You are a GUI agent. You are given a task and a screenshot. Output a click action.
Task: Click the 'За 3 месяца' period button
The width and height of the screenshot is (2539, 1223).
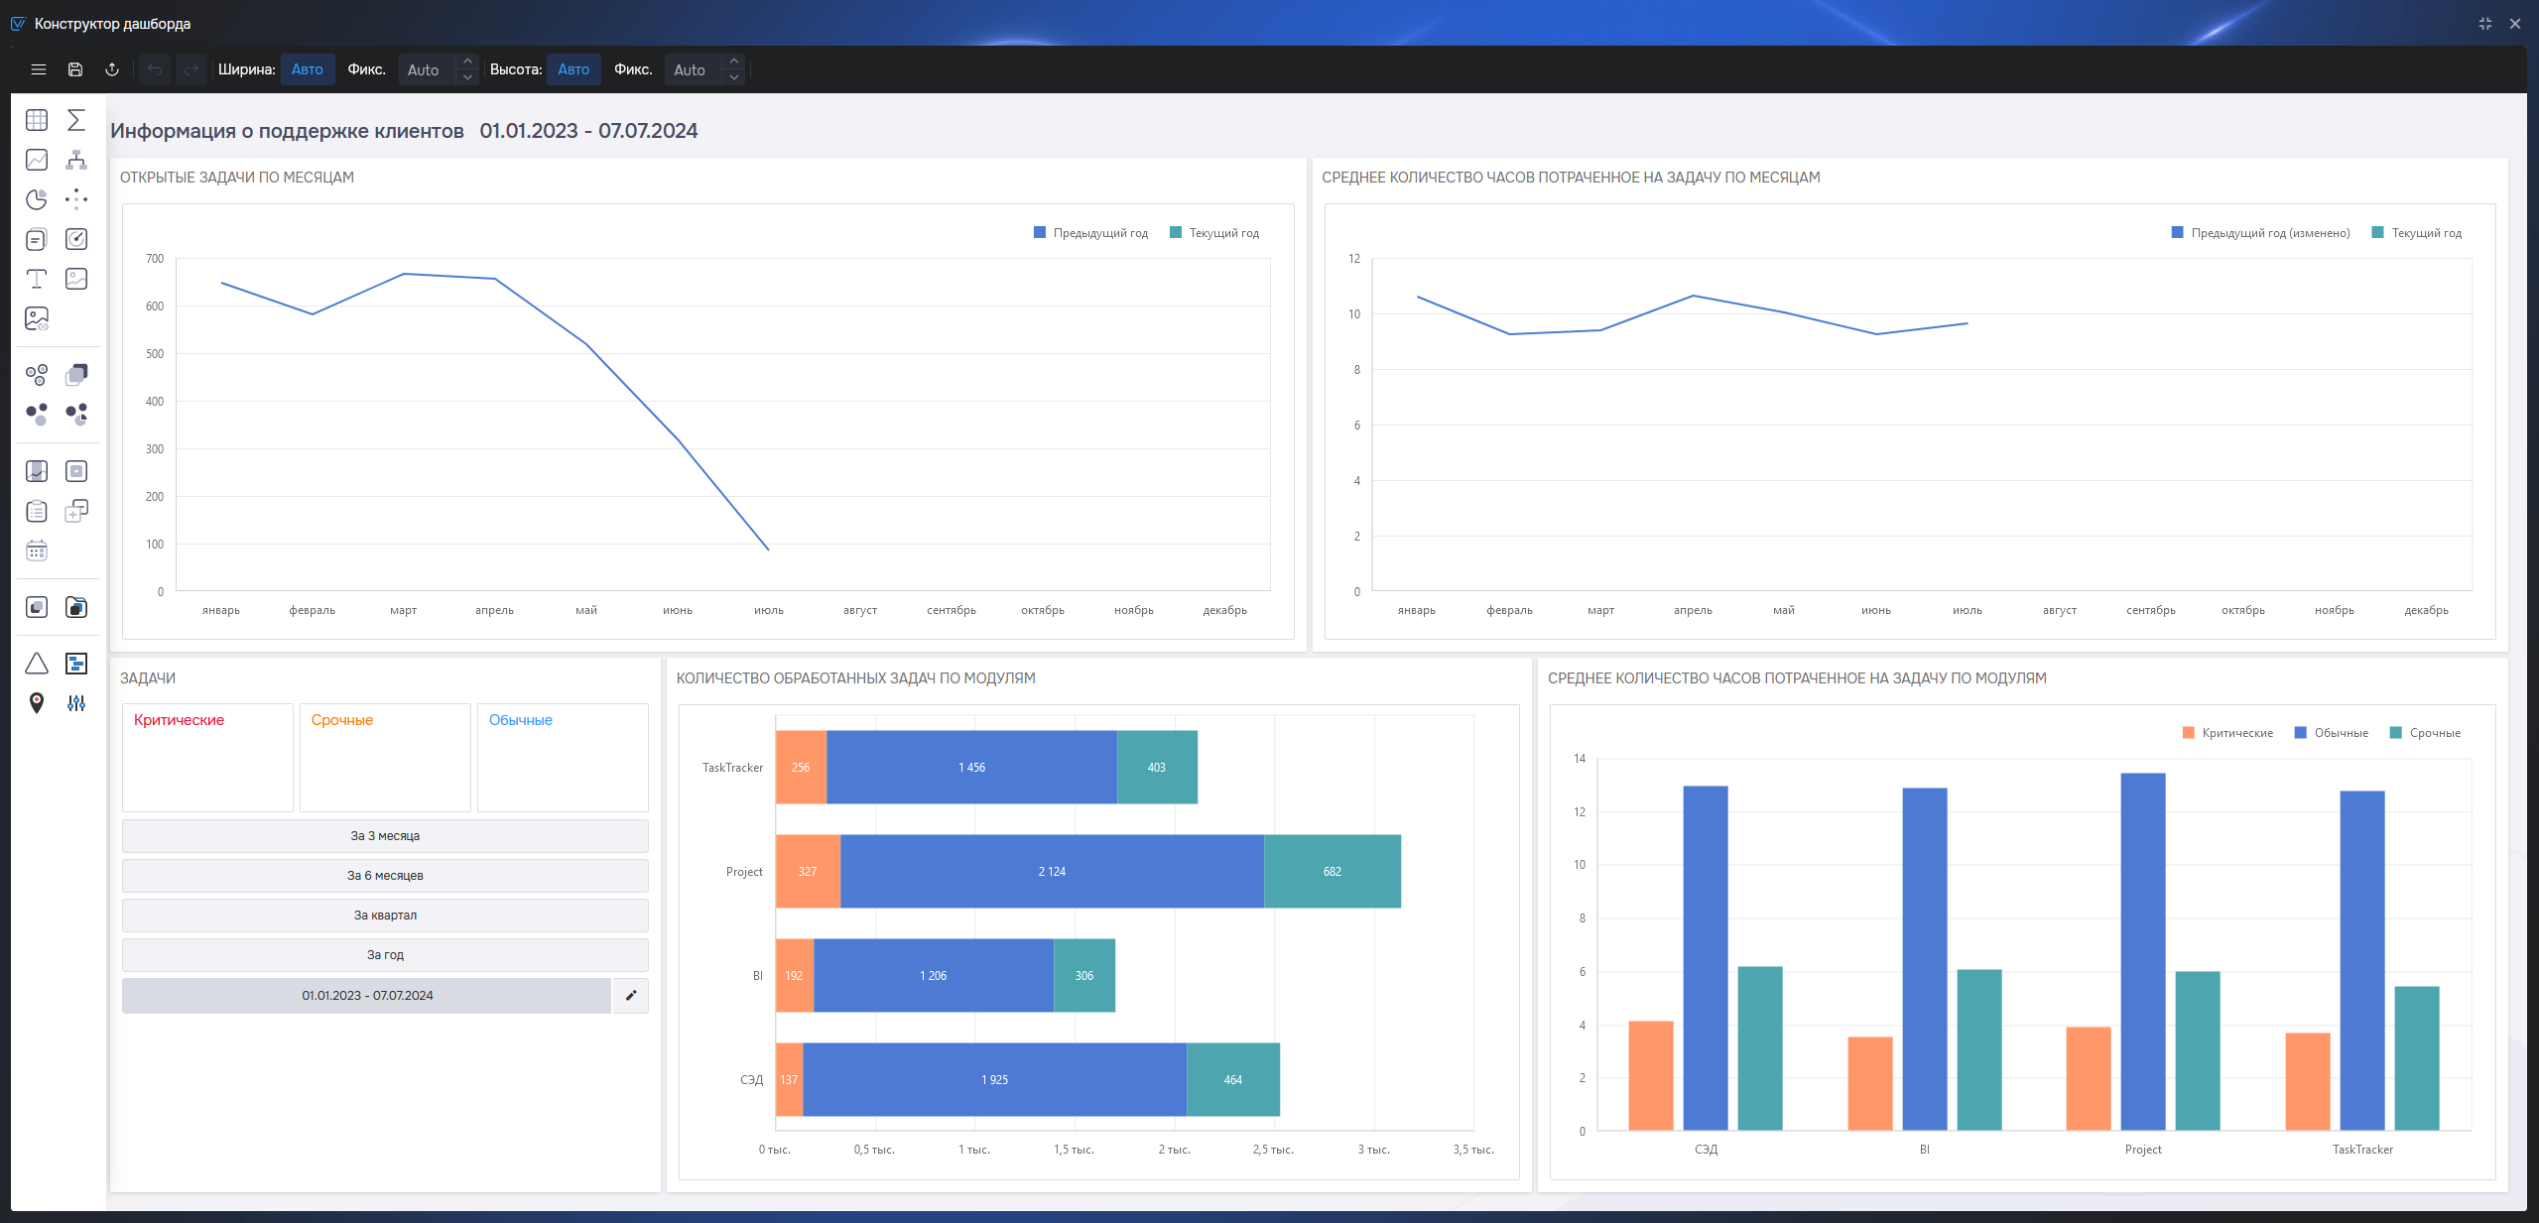tap(385, 836)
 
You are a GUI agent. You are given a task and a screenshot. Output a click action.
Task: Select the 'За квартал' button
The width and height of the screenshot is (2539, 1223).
tap(385, 916)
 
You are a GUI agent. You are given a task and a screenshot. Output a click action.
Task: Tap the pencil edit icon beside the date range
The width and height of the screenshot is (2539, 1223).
tap(631, 996)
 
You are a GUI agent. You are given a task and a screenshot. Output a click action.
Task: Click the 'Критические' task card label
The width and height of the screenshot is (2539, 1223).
tap(179, 720)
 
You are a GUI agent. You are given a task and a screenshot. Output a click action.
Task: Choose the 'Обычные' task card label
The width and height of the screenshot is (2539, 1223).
tap(521, 720)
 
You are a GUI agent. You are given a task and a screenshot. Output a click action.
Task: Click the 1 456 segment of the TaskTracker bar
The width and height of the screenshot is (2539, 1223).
tap(971, 768)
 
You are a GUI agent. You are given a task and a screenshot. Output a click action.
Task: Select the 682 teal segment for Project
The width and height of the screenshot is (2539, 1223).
tap(1333, 872)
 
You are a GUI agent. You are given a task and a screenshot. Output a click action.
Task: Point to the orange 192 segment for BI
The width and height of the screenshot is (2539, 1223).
tap(794, 976)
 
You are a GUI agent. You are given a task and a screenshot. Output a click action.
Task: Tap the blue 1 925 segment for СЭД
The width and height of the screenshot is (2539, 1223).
tap(994, 1080)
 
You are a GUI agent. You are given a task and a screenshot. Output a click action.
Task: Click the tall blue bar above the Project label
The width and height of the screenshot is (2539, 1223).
tap(2143, 952)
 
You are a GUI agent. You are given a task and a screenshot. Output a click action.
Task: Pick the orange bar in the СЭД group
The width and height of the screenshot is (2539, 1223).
tap(1651, 1076)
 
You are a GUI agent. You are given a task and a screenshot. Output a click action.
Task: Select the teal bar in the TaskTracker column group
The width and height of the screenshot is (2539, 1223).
tap(2417, 1058)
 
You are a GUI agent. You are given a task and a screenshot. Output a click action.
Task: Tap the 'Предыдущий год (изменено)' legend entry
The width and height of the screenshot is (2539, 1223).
tap(2261, 233)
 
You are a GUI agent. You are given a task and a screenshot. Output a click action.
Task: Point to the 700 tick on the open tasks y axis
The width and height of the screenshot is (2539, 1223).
tap(155, 259)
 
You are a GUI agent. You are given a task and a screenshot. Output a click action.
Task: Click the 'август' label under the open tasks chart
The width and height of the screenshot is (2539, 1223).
tap(860, 610)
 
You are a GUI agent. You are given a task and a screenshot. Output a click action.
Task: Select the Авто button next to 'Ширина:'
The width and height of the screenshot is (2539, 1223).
tap(308, 69)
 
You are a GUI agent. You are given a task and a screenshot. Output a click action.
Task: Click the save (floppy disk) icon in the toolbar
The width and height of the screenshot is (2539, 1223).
tap(75, 69)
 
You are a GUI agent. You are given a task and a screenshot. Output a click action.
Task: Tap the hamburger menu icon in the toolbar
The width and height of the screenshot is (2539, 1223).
tap(39, 69)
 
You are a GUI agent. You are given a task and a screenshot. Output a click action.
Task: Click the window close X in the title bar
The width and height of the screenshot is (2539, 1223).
tap(2515, 24)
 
